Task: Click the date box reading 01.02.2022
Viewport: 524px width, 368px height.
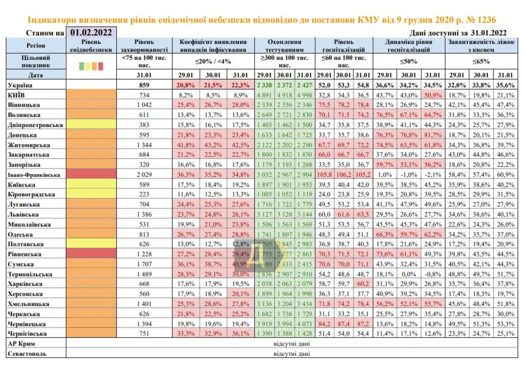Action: tap(91, 32)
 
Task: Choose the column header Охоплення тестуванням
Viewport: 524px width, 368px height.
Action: tap(285, 46)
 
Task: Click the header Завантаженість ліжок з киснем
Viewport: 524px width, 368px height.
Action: tap(481, 46)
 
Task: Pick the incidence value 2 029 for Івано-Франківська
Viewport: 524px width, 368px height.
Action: tap(144, 175)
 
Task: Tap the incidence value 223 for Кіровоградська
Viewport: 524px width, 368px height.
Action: tap(144, 194)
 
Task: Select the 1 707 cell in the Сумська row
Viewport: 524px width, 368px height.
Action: tap(144, 264)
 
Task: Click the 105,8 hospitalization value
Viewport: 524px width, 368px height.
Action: tap(324, 175)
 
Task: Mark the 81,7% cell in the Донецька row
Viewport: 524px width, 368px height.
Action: tap(432, 135)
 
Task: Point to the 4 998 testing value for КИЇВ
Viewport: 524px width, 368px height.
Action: tap(305, 95)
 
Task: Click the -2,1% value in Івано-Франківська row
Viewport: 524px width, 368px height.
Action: tap(432, 175)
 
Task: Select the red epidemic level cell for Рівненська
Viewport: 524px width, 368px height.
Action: tap(91, 254)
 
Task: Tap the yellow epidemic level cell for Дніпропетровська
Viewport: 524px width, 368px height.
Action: tap(91, 125)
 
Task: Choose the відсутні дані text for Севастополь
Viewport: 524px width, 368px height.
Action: tap(292, 354)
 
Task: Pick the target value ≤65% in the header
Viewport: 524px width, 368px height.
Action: tap(481, 61)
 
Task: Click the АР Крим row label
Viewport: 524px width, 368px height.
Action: tap(21, 344)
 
